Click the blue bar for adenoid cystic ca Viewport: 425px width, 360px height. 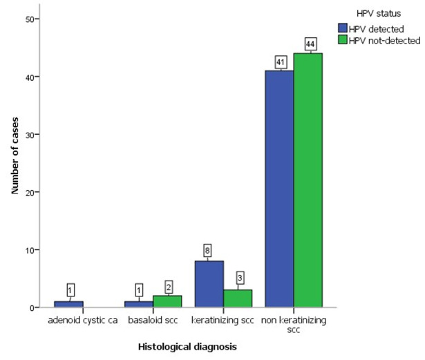(x=68, y=304)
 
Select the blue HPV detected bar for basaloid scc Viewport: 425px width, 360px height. (x=139, y=304)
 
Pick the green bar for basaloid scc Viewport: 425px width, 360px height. (x=167, y=301)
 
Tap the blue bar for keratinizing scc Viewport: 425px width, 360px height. (x=209, y=284)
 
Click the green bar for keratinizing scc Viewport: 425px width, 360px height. (x=238, y=299)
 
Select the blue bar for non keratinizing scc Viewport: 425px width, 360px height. (x=279, y=189)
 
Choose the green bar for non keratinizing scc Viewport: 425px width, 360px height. (x=308, y=180)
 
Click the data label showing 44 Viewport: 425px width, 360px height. (x=310, y=44)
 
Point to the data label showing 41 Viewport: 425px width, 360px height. (x=281, y=62)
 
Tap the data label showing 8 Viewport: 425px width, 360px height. (x=207, y=251)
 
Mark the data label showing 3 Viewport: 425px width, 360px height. (x=240, y=278)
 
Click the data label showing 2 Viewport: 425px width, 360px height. (x=169, y=287)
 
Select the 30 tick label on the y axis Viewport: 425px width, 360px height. (x=29, y=135)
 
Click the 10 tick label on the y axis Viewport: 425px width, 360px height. (x=29, y=250)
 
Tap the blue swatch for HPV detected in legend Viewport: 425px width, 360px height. (x=343, y=28)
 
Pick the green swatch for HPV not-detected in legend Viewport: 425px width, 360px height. (x=343, y=39)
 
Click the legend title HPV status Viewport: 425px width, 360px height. (x=379, y=14)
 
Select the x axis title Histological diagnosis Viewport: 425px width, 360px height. (x=187, y=347)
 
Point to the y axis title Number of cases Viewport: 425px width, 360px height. (x=15, y=155)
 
